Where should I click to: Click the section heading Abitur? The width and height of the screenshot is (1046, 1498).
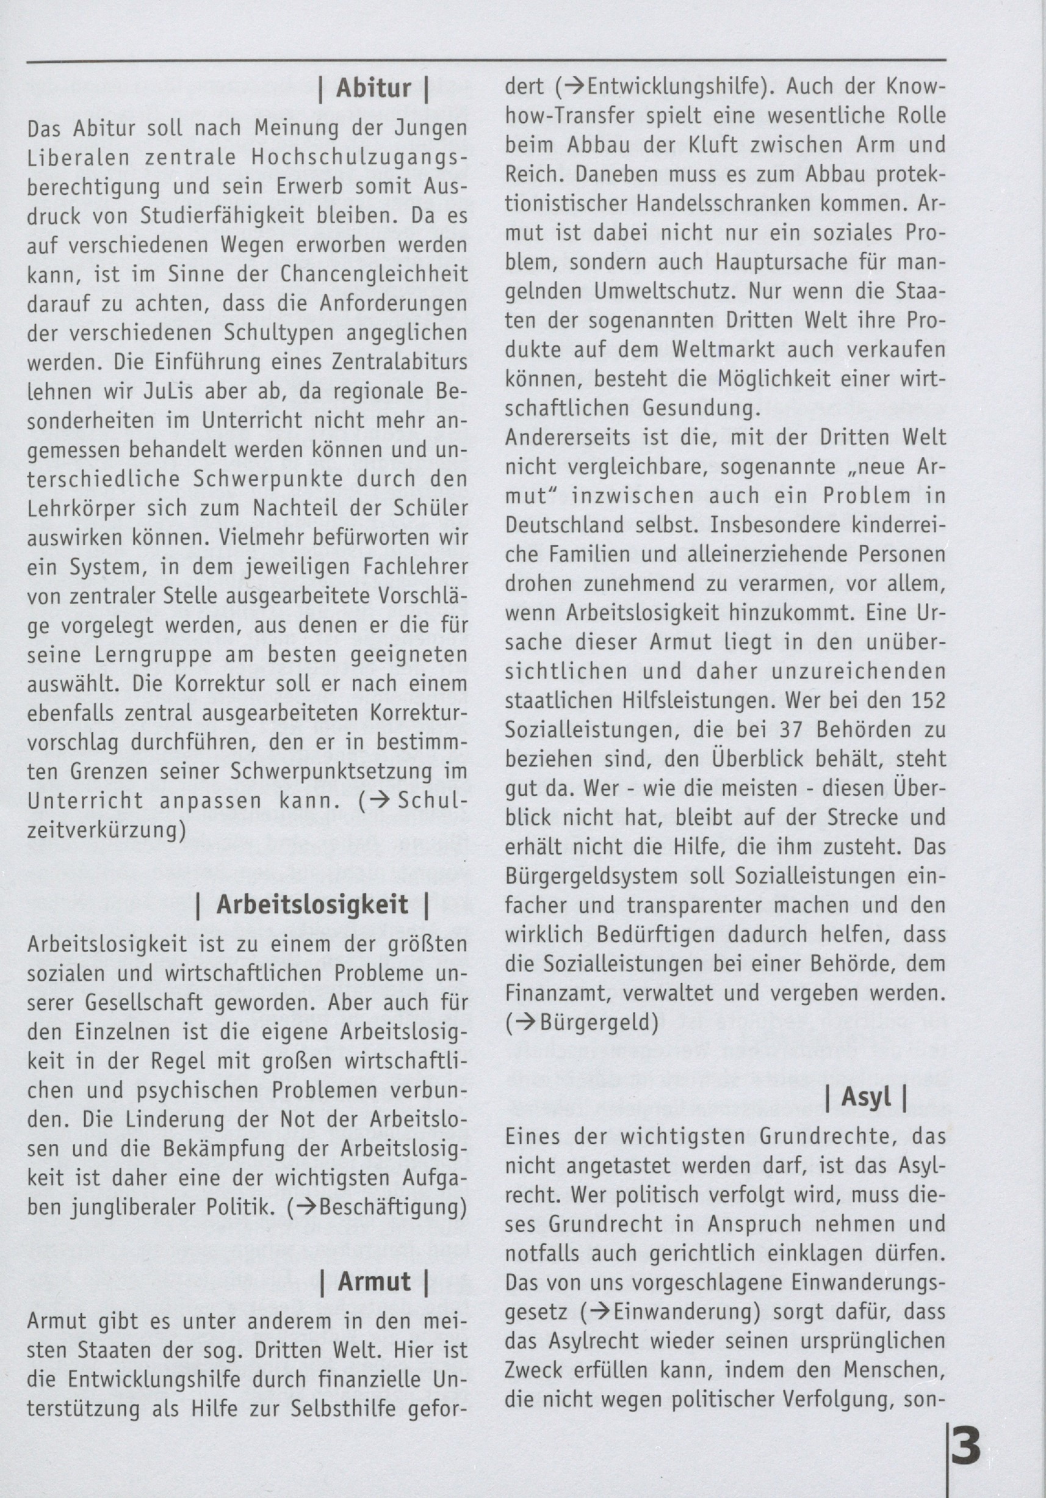tap(373, 89)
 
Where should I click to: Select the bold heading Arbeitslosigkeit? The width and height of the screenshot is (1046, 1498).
tap(312, 905)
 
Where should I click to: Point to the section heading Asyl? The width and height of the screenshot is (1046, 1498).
tap(865, 1097)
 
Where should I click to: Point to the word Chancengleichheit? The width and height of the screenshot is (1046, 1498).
tap(374, 275)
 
